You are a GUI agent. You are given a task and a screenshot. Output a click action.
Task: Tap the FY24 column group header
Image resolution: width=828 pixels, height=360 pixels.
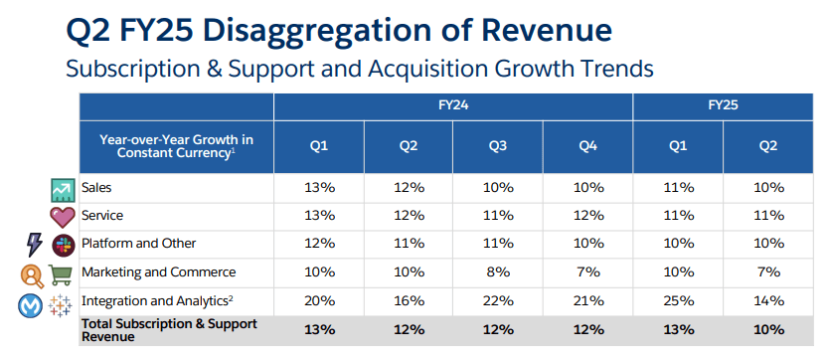[453, 105]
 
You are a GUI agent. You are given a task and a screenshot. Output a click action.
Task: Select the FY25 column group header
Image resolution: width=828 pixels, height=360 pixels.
[723, 105]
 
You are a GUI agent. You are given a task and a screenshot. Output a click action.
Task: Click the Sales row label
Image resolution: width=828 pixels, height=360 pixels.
[96, 187]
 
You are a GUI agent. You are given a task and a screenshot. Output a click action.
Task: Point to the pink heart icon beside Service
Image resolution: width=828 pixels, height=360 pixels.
[63, 217]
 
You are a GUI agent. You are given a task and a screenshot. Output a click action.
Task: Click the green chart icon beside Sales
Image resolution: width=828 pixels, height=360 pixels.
[63, 190]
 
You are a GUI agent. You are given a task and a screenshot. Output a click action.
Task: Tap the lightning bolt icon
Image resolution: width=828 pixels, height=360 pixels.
[35, 245]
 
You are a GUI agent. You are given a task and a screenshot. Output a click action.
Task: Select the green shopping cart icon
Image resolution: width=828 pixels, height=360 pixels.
[60, 273]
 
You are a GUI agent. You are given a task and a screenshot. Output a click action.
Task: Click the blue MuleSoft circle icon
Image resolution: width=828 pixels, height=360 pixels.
[30, 305]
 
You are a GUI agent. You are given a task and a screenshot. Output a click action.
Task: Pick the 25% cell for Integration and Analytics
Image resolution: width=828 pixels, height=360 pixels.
[678, 300]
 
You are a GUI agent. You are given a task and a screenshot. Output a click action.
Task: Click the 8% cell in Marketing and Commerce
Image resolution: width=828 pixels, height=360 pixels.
[498, 272]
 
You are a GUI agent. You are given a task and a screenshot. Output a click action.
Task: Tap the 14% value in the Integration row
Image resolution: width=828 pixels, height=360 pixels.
[768, 300]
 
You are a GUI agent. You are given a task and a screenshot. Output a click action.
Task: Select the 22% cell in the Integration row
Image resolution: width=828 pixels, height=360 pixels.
[498, 300]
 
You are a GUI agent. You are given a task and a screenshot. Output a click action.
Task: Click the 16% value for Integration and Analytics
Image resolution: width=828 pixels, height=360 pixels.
[409, 300]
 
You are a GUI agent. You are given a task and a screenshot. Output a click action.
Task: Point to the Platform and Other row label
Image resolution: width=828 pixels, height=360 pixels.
[139, 244]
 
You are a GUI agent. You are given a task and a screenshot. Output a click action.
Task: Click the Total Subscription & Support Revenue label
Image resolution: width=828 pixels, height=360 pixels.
[170, 330]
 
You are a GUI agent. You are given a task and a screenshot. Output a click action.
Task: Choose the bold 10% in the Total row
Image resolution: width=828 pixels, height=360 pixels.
[768, 330]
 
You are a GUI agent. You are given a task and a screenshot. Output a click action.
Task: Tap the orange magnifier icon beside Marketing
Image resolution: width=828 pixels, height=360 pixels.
[32, 273]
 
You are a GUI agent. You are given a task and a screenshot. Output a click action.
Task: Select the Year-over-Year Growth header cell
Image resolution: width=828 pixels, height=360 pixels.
[177, 146]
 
